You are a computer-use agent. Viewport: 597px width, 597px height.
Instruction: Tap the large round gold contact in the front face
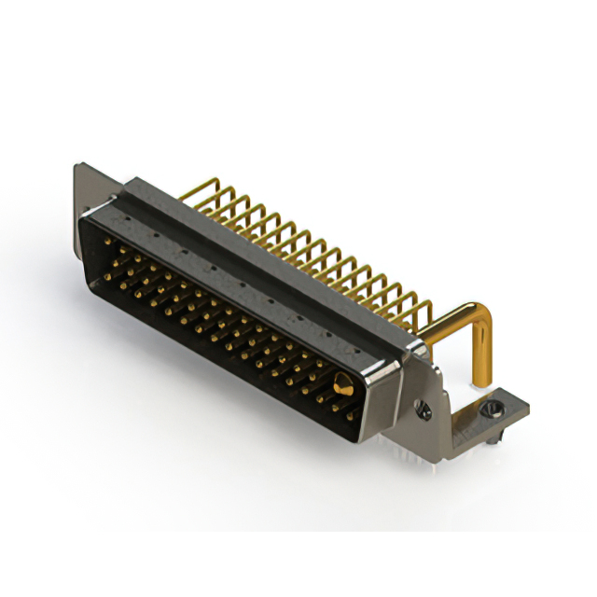pyautogui.click(x=342, y=383)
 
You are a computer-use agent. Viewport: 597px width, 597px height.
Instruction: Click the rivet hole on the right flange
pyautogui.click(x=425, y=408)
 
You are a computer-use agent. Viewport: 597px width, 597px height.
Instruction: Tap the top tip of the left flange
pyautogui.click(x=79, y=168)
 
